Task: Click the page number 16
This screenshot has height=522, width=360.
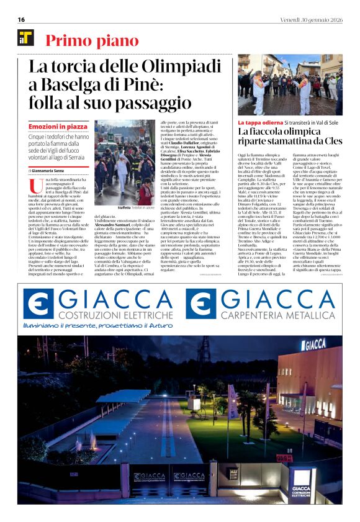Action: point(22,19)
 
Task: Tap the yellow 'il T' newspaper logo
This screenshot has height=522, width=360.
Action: point(25,38)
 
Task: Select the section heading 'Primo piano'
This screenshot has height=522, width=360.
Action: point(92,41)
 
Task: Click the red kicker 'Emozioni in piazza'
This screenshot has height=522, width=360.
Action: point(58,126)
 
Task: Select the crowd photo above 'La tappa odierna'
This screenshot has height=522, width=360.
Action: point(289,85)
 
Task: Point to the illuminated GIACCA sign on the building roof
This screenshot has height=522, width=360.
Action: point(313,343)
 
